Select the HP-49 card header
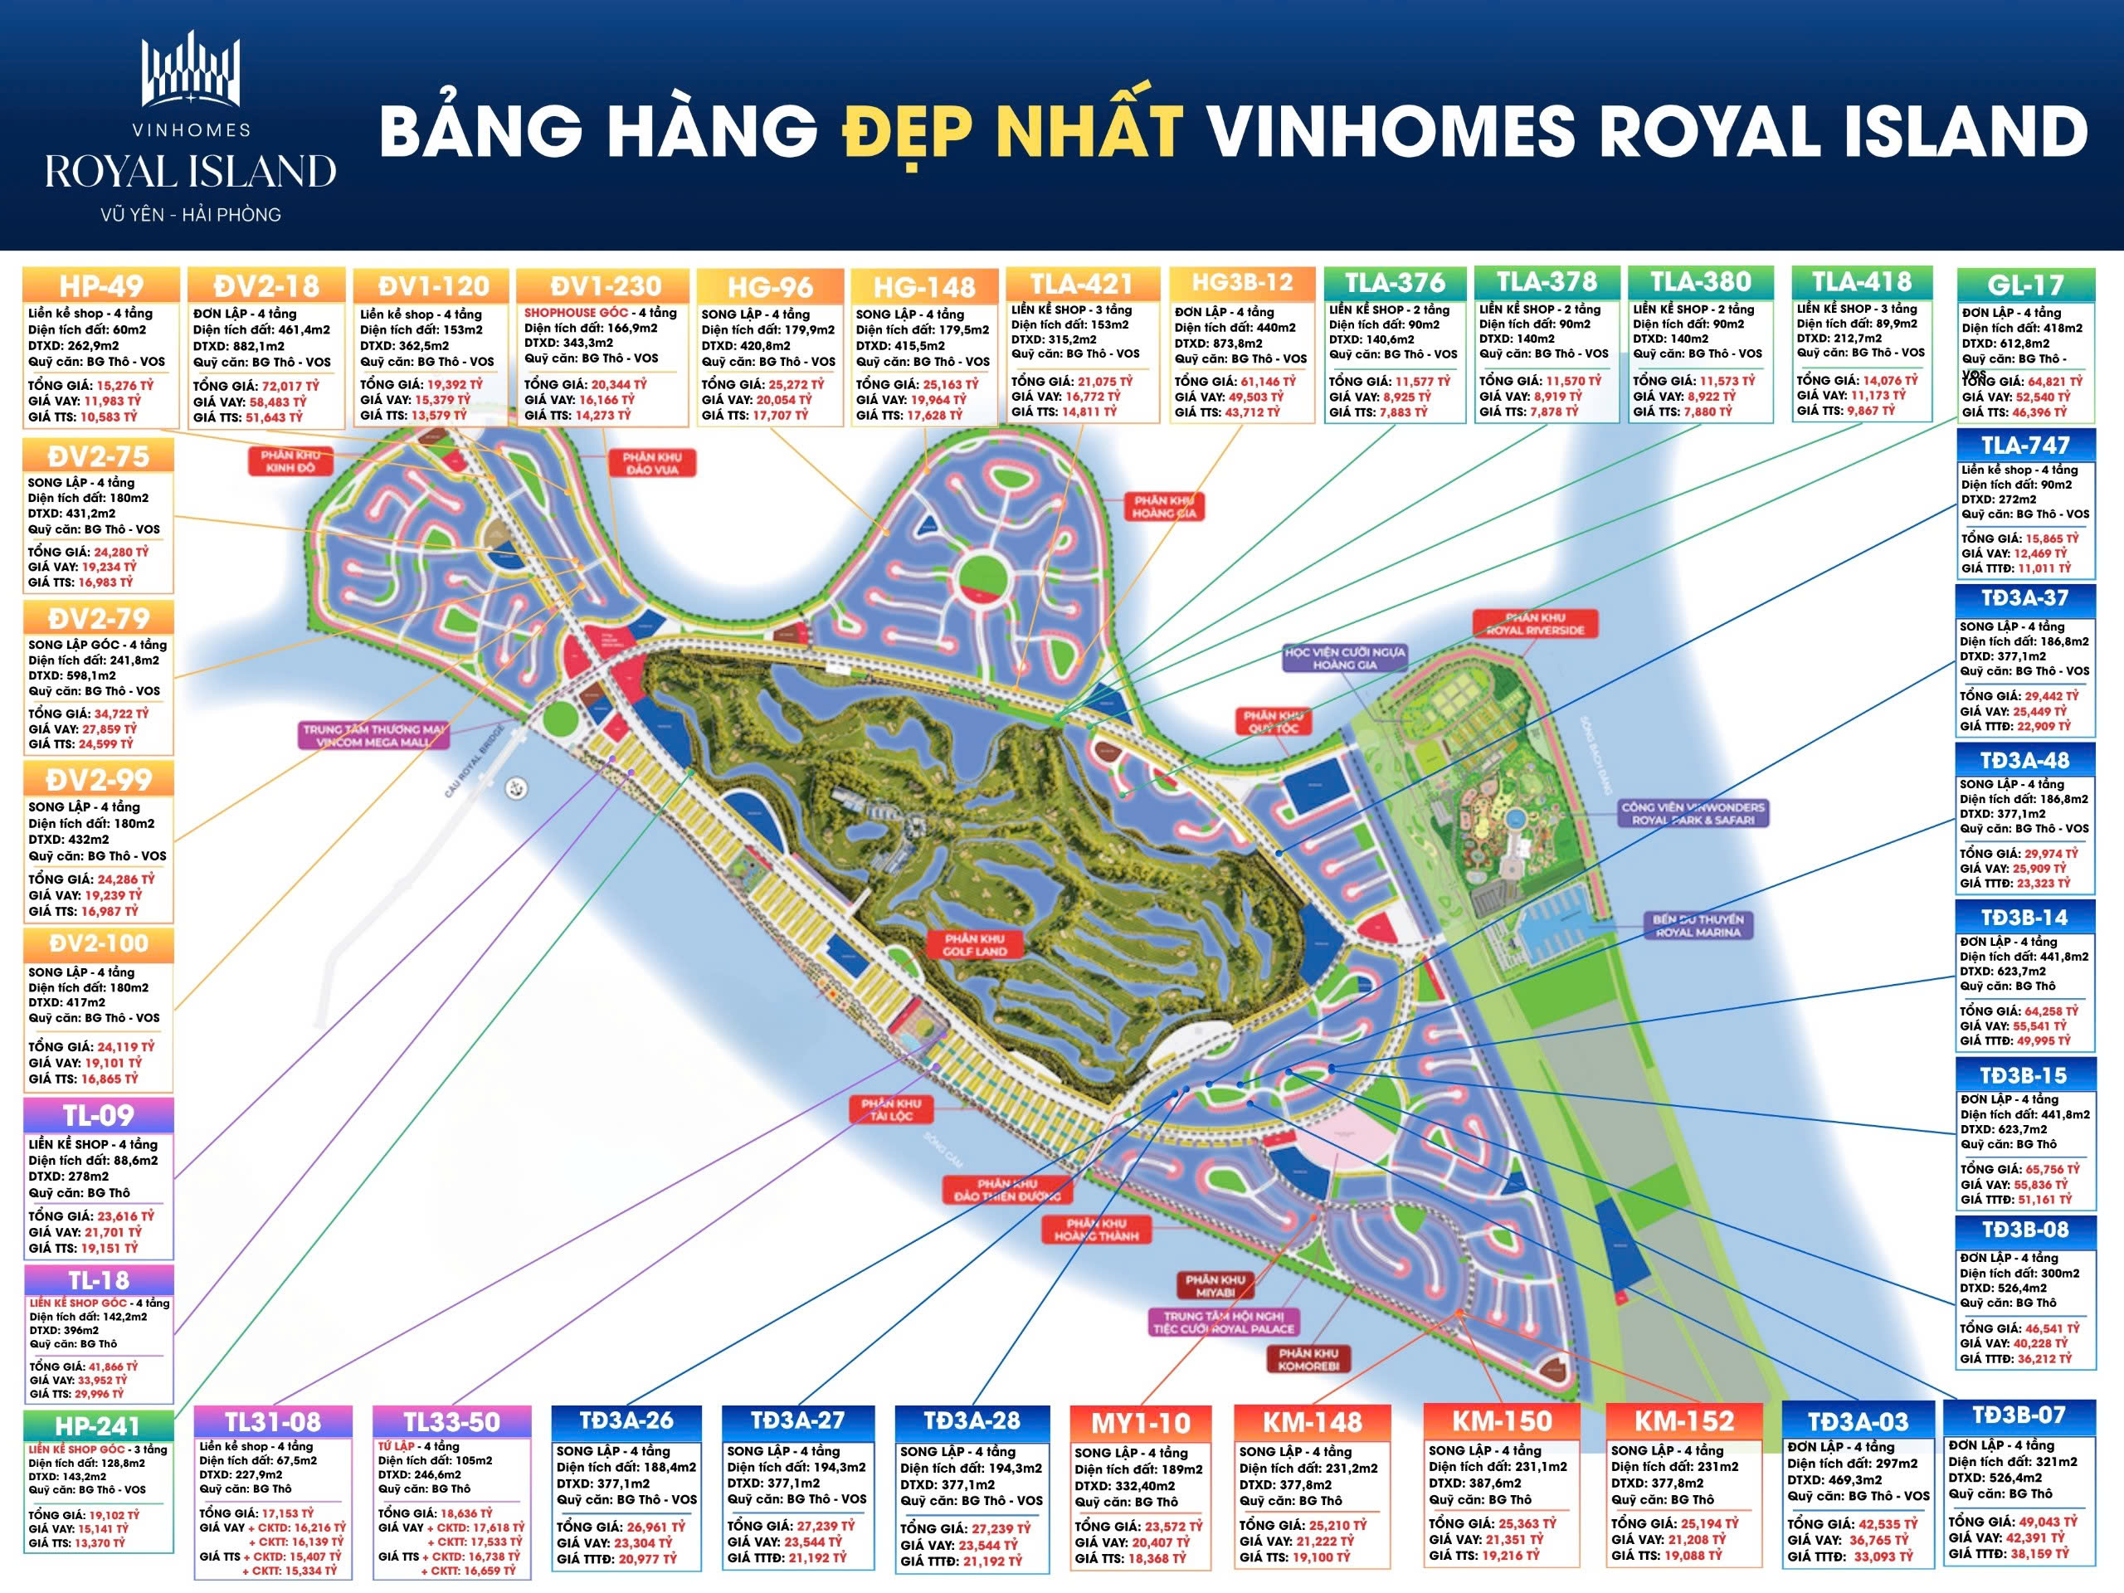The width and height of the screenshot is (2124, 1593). click(x=101, y=286)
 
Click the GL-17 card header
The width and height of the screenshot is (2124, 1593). click(x=2025, y=285)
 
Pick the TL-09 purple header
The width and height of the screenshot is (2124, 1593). click(x=99, y=1116)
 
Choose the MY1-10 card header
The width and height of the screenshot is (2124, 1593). click(x=1141, y=1423)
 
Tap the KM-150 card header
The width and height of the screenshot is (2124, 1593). click(x=1502, y=1421)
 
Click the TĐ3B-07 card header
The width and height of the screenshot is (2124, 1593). click(x=2019, y=1415)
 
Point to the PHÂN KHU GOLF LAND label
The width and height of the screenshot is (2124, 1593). click(x=975, y=945)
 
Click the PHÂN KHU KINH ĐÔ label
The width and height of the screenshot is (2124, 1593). click(x=290, y=461)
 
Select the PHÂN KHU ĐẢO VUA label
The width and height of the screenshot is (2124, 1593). click(x=652, y=464)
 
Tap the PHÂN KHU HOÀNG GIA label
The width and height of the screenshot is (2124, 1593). click(x=1164, y=507)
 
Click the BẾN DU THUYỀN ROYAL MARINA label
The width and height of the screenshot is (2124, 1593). click(x=1698, y=926)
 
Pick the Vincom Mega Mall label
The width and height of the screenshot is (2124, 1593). click(x=374, y=736)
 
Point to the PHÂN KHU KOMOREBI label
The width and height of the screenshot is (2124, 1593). click(x=1308, y=1359)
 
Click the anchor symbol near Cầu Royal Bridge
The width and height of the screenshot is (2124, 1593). click(x=518, y=788)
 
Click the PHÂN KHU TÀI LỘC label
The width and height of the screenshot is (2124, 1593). click(x=891, y=1110)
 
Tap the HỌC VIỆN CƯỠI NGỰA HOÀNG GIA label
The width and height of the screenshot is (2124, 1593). click(x=1344, y=659)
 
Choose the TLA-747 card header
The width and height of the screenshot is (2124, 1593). click(x=2025, y=446)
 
